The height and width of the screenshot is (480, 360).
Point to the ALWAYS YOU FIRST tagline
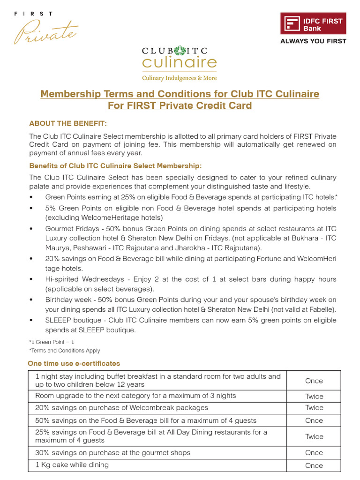313,41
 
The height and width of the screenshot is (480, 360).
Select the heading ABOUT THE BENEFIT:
68,123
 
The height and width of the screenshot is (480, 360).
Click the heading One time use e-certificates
74,363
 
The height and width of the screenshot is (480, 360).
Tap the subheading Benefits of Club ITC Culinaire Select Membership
115,166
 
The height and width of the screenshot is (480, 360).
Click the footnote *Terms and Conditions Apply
65,351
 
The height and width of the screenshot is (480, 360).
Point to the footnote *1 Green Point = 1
52,342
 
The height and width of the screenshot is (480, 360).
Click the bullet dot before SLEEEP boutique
31,320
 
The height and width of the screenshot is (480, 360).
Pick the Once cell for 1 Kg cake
314,465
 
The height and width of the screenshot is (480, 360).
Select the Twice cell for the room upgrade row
314,396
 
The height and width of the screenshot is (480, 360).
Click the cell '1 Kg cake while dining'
72,465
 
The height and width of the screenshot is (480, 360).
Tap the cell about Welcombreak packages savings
121,407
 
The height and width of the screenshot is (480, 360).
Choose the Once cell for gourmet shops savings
314,453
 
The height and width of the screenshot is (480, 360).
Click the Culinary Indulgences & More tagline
180,78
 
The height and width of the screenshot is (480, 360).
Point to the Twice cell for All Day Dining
314,436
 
